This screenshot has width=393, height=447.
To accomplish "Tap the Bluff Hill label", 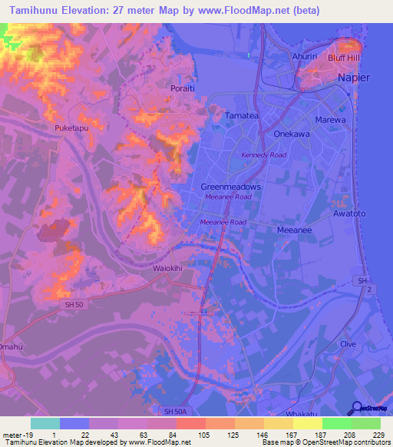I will [345, 58].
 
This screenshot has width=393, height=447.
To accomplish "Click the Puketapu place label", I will [72, 128].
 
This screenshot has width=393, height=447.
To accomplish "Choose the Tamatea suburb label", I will [240, 115].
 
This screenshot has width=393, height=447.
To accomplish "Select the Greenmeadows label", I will [231, 187].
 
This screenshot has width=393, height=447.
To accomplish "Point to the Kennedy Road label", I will [263, 155].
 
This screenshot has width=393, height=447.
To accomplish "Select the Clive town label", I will [348, 344].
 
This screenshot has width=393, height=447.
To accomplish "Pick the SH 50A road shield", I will [176, 413].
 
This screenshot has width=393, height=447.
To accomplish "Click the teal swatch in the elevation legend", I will [45, 423].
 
